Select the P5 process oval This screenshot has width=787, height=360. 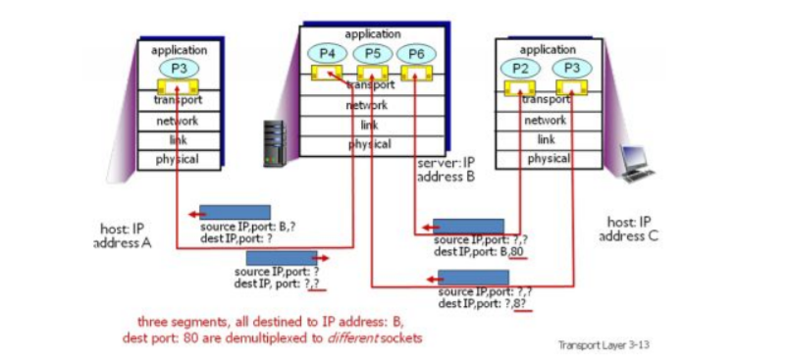click(x=371, y=53)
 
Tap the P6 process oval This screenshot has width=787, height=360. click(x=415, y=53)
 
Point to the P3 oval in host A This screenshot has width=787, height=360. click(x=179, y=68)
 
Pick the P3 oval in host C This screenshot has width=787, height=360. click(x=570, y=68)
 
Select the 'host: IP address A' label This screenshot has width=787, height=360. click(x=123, y=235)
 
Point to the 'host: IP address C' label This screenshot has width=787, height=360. click(x=635, y=230)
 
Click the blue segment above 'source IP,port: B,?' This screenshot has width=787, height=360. click(x=221, y=213)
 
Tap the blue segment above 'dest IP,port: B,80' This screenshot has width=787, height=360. click(x=468, y=227)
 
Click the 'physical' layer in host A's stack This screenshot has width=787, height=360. click(x=178, y=158)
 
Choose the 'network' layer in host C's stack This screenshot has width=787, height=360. click(x=546, y=120)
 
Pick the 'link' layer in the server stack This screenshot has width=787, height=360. click(x=369, y=125)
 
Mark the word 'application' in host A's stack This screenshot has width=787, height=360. click(x=179, y=49)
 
